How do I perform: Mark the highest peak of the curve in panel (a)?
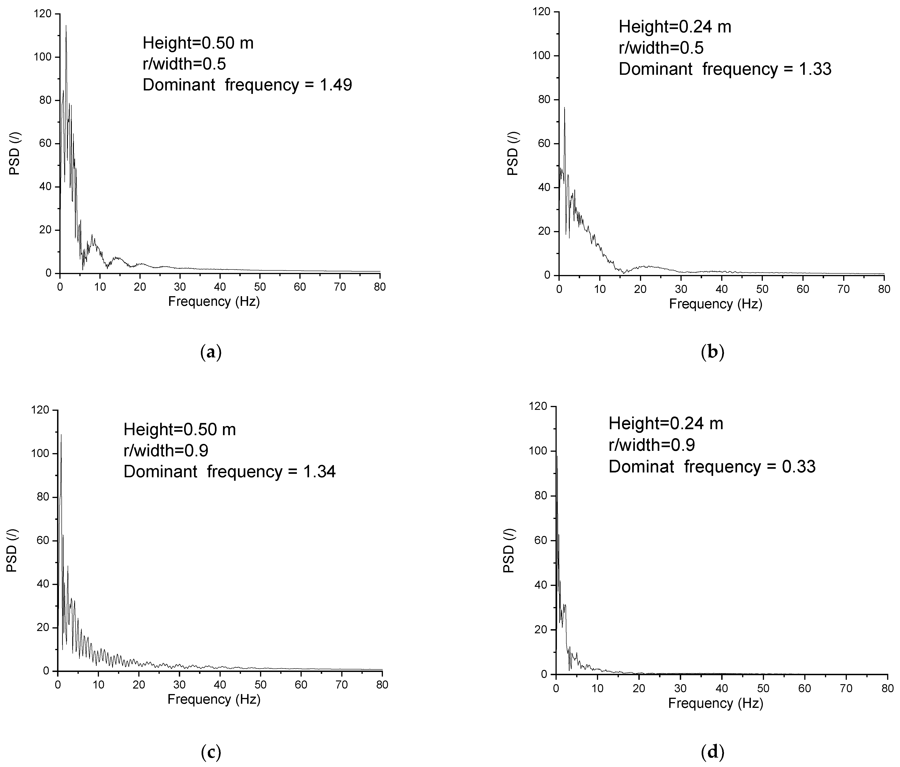click(66, 26)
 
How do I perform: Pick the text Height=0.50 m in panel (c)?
click(179, 430)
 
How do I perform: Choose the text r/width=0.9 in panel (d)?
click(651, 445)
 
